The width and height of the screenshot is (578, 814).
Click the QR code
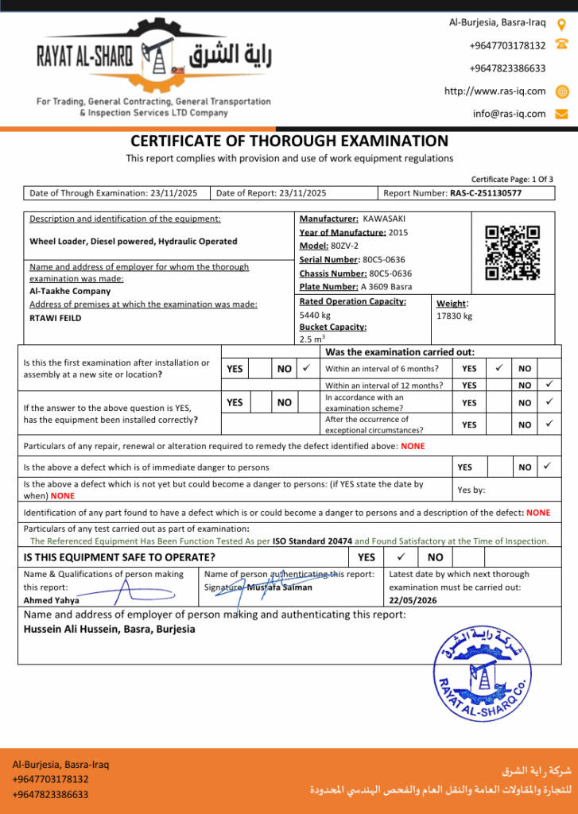(x=512, y=254)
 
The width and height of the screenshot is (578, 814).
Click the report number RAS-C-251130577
(x=485, y=193)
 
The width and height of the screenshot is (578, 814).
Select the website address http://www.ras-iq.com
(x=495, y=91)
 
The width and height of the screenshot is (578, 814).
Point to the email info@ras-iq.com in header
(x=509, y=114)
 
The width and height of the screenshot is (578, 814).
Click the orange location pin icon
(x=561, y=24)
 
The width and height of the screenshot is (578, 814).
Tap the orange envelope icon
(x=561, y=114)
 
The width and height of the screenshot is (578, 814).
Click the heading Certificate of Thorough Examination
(x=289, y=141)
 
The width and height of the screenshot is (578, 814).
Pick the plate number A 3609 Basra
(x=386, y=287)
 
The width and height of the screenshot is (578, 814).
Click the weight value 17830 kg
(x=454, y=316)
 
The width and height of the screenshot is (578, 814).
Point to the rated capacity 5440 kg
(x=315, y=316)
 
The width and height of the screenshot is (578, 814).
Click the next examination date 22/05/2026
(x=413, y=601)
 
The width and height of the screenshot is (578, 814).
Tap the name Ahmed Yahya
(x=51, y=601)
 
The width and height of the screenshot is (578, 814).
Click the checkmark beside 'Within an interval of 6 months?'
(x=498, y=368)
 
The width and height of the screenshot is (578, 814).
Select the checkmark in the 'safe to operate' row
(x=401, y=557)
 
